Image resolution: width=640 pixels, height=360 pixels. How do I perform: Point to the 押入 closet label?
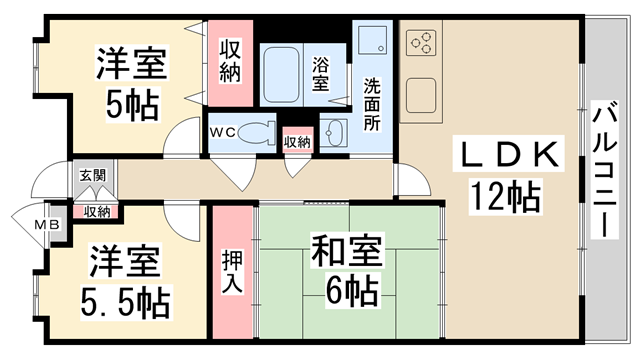tap(230, 271)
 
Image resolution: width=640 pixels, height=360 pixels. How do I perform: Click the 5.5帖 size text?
tap(124, 299)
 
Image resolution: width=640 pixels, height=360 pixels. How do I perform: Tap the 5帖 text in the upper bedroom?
tap(131, 103)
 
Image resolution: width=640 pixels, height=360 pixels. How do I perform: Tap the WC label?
tap(222, 131)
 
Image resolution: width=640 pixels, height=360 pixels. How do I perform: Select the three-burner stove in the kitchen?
tap(421, 43)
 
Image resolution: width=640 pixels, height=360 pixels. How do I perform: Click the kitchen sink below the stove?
tap(419, 100)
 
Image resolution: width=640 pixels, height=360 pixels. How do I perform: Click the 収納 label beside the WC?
tap(297, 141)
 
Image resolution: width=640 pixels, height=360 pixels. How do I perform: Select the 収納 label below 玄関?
tap(97, 211)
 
